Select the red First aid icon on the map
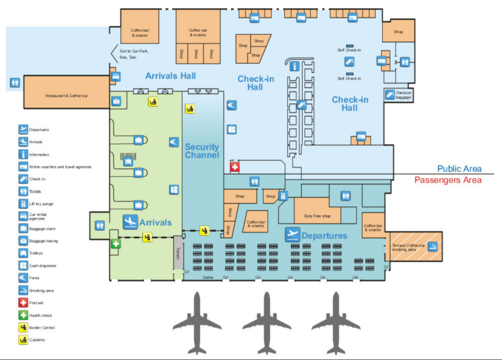click(x=235, y=167)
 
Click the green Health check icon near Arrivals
click(x=115, y=243)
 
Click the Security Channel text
click(x=202, y=151)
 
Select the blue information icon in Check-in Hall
click(x=295, y=66)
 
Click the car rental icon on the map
click(x=116, y=77)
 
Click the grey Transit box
click(x=178, y=253)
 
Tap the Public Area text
click(x=459, y=169)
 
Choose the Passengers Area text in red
click(x=448, y=180)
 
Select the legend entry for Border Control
click(x=42, y=328)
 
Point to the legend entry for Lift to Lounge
click(x=41, y=204)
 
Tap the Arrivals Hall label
click(x=171, y=76)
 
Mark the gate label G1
click(x=187, y=272)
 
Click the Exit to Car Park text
click(x=134, y=51)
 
